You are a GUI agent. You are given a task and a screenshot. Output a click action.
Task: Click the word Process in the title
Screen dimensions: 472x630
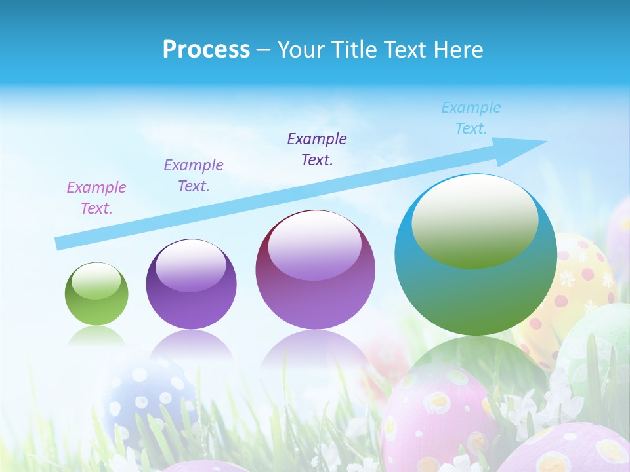click(206, 50)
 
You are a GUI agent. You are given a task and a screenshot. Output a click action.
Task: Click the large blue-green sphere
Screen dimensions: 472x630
click(476, 295)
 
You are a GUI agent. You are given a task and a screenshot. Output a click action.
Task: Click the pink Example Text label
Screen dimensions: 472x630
click(96, 198)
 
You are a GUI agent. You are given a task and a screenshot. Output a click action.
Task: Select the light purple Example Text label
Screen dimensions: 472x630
click(194, 176)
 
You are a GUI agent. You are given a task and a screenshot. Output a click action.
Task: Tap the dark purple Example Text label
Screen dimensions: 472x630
click(317, 149)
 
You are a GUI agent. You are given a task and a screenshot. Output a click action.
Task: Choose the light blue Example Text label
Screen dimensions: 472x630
click(471, 118)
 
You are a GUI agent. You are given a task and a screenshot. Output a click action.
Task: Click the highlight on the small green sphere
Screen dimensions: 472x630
click(96, 281)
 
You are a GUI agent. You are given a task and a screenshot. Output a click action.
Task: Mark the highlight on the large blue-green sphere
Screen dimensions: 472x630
click(474, 221)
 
